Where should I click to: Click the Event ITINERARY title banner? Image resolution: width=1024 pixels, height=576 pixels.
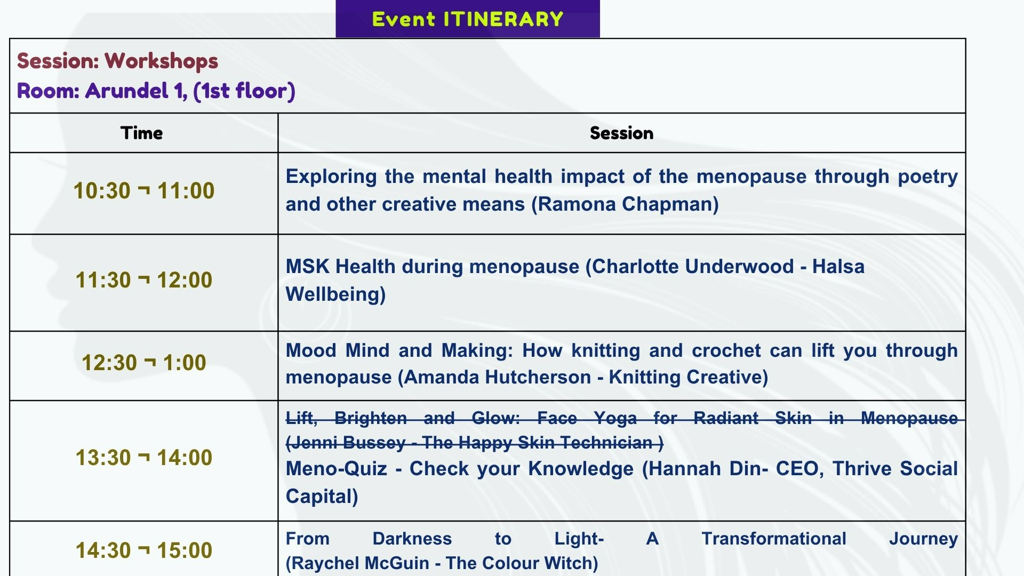468,19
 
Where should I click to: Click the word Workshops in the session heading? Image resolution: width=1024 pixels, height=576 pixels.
162,61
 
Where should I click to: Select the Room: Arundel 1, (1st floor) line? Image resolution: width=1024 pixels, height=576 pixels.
156,91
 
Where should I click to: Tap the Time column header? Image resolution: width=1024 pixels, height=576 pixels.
141,133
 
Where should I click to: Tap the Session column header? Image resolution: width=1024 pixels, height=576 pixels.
622,133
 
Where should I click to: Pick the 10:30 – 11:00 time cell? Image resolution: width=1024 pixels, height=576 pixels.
144,191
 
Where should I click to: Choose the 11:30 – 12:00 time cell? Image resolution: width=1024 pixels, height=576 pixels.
144,280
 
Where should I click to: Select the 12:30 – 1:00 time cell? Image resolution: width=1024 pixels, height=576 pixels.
144,363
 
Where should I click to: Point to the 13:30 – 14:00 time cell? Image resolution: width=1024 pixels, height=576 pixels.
144,458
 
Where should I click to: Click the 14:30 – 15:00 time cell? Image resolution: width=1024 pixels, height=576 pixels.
144,550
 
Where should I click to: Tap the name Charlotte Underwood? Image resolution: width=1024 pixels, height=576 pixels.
693,267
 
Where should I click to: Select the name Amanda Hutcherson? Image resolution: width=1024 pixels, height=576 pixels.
498,377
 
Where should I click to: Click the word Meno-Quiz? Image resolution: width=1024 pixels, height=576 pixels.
337,469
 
